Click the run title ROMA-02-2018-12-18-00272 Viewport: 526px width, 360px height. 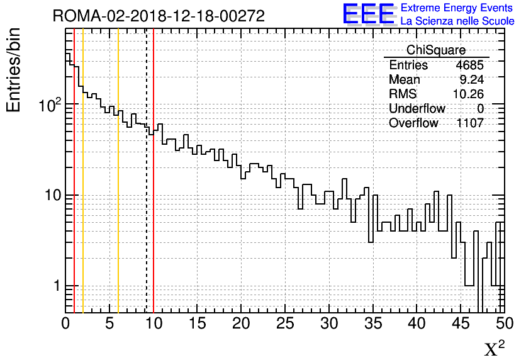[159, 16]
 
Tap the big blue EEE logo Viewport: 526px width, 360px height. [368, 14]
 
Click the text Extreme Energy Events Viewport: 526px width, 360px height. [457, 8]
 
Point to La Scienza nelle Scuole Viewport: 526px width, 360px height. [457, 21]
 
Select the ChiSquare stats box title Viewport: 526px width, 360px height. [436, 50]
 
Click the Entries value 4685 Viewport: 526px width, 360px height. [470, 65]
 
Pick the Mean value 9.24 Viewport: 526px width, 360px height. [472, 80]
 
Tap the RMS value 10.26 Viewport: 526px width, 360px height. [468, 94]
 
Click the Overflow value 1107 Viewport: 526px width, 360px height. [470, 123]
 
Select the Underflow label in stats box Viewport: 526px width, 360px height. [417, 109]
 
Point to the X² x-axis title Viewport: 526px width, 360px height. [495, 348]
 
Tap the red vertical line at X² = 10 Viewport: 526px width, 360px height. [154, 220]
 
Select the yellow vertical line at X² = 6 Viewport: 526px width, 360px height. [118, 220]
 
